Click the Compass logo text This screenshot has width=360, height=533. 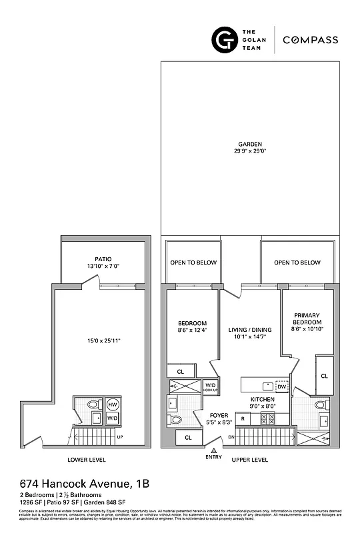point(310,40)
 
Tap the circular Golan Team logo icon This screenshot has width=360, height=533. point(223,40)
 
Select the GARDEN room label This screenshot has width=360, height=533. point(250,144)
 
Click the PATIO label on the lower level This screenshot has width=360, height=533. point(103,259)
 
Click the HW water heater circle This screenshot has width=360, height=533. point(113,405)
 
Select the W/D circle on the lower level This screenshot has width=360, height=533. point(113,418)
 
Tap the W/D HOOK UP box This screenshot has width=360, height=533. point(210,386)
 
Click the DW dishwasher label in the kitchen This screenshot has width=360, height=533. point(282,386)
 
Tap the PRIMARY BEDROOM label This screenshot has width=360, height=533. point(307,318)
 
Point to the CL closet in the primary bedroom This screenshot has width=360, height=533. point(324,376)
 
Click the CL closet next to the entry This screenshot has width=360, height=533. point(188,438)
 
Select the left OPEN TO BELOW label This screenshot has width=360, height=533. point(193,263)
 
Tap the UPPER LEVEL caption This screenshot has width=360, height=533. point(249,460)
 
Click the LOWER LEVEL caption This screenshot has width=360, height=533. point(86,460)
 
